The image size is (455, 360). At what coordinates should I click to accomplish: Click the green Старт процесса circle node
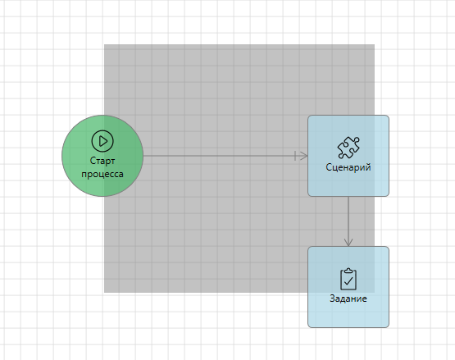[x=102, y=156]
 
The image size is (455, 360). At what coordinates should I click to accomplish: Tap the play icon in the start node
[x=102, y=141]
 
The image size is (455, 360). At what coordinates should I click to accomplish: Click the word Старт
[x=102, y=161]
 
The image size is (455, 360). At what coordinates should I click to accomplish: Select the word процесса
[x=102, y=174]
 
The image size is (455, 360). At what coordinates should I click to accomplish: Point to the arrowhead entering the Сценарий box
[x=304, y=156]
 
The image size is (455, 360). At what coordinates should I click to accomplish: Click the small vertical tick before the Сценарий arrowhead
[x=295, y=156]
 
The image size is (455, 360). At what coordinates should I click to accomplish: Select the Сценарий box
[x=348, y=156]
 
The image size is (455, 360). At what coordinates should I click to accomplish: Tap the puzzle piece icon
[x=348, y=148]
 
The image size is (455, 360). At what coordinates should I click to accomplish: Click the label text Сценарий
[x=348, y=167]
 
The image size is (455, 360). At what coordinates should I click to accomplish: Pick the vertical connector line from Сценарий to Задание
[x=348, y=221]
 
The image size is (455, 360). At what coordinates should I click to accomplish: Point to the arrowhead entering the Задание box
[x=348, y=243]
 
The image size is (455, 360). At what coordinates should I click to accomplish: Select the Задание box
[x=348, y=287]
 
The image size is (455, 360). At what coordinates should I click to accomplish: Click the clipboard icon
[x=348, y=280]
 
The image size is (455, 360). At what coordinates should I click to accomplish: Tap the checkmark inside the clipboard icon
[x=348, y=280]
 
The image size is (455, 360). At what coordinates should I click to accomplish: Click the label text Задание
[x=348, y=298]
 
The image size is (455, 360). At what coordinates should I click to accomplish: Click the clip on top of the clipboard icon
[x=348, y=271]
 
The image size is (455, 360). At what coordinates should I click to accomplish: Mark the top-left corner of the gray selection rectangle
[x=104, y=44]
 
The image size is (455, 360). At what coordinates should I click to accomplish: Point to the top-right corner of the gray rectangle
[x=375, y=44]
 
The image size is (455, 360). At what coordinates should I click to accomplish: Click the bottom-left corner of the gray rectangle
[x=104, y=293]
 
